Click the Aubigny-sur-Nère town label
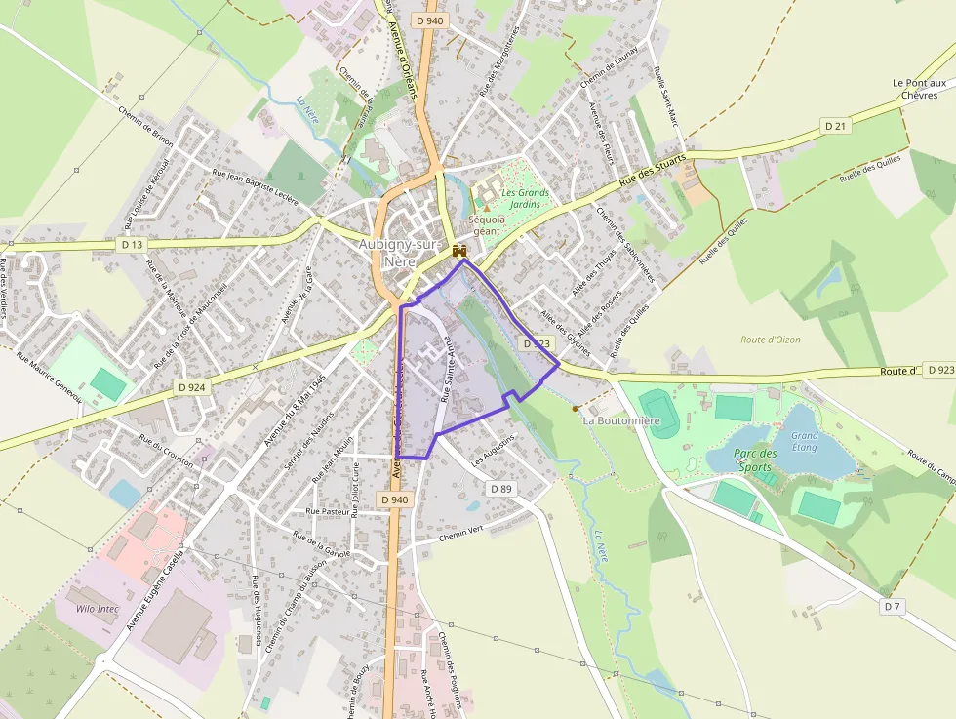[x=401, y=253]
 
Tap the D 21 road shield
[x=835, y=126]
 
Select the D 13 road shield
[x=133, y=243]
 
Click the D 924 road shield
[x=192, y=387]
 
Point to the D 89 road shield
[x=500, y=488]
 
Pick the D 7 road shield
[x=892, y=606]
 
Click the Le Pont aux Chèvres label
[x=919, y=89]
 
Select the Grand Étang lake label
[x=805, y=441]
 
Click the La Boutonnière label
[x=621, y=420]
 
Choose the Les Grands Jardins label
[x=525, y=199]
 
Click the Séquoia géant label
[x=485, y=225]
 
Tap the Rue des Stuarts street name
[x=653, y=172]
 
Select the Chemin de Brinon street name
[x=145, y=128]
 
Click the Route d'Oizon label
[x=770, y=340]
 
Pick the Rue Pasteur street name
[x=328, y=510]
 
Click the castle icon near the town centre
[x=459, y=251]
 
